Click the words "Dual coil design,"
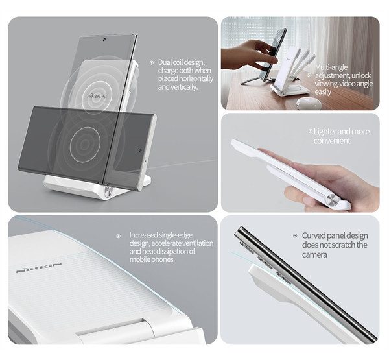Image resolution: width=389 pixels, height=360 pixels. click(x=182, y=62)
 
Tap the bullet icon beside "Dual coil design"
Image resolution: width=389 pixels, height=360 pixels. click(x=152, y=63)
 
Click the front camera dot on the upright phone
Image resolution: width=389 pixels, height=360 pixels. click(x=104, y=39)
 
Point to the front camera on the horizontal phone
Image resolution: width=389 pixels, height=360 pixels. click(x=140, y=150)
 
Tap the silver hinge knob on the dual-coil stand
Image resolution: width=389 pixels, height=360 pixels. click(x=108, y=192)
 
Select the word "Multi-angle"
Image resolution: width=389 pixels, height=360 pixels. click(x=331, y=67)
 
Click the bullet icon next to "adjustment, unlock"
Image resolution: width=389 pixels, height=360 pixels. click(x=309, y=75)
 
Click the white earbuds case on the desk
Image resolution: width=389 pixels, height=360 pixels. click(x=309, y=102)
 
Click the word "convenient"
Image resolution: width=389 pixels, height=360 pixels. click(x=332, y=141)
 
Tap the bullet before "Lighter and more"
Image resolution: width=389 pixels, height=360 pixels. click(x=311, y=131)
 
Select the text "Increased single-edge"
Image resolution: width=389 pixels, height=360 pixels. click(x=161, y=235)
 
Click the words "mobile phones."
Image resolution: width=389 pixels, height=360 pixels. click(x=152, y=259)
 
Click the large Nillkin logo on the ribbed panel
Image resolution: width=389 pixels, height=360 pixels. click(x=39, y=267)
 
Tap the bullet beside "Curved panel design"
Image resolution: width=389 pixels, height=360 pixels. click(x=295, y=235)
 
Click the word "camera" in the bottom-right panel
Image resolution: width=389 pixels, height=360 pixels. click(x=314, y=254)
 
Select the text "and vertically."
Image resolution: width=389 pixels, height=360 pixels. click(x=178, y=87)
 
